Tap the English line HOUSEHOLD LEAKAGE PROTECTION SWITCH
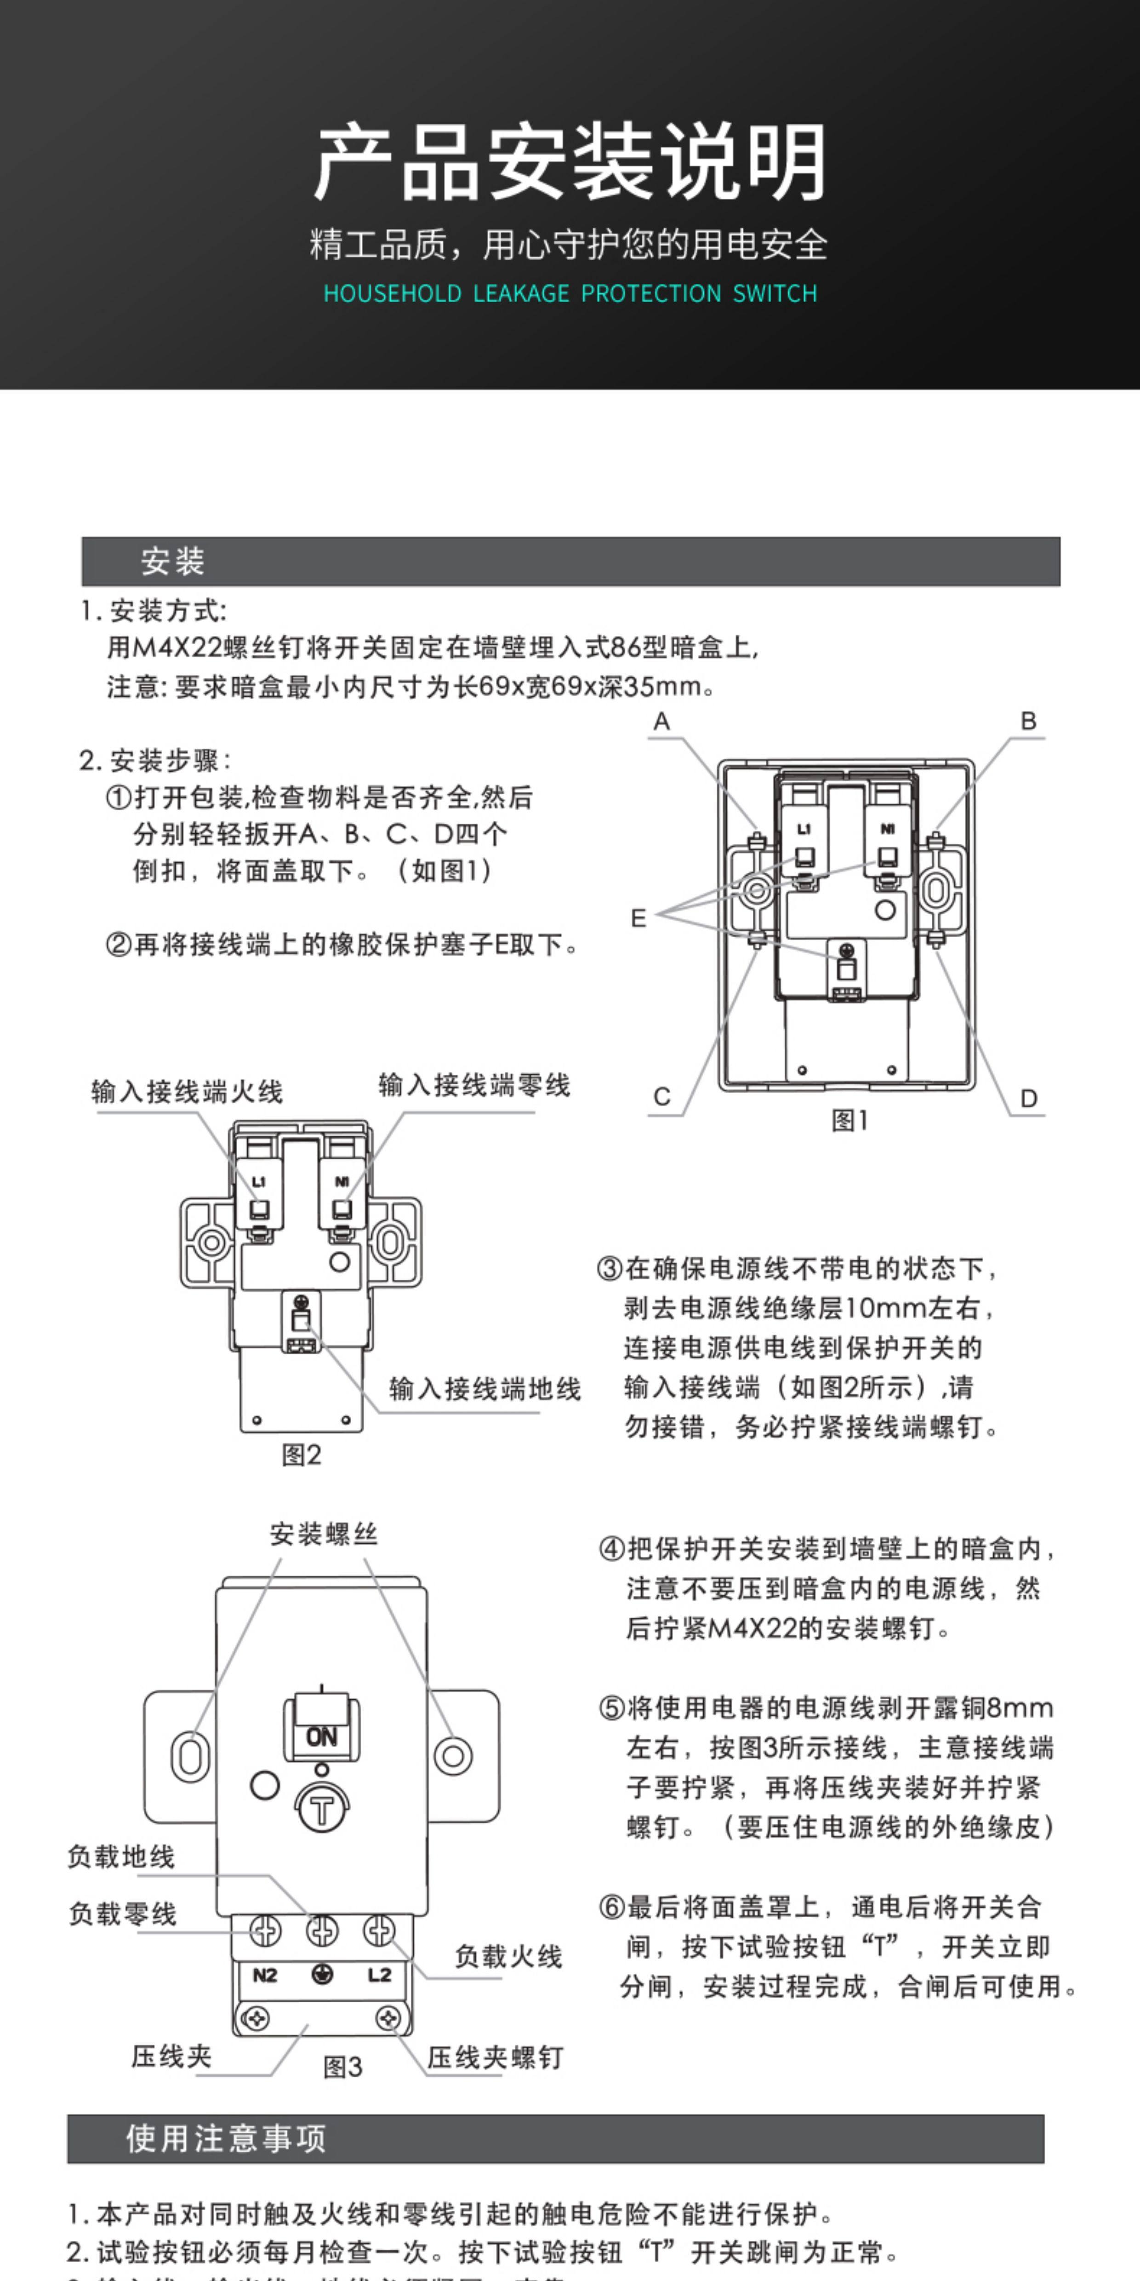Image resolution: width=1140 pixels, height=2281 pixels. [x=570, y=293]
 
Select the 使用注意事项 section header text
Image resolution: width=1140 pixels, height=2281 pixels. [x=226, y=2138]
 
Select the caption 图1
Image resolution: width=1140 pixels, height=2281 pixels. [x=849, y=1121]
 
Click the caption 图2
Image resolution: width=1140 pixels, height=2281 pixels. [x=301, y=1455]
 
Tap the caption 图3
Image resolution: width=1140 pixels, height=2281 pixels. [x=342, y=2068]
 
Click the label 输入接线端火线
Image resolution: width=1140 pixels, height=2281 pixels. [x=187, y=1092]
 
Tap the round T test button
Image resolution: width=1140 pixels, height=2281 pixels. [x=321, y=1809]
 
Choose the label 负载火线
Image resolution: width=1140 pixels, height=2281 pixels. [x=508, y=1956]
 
